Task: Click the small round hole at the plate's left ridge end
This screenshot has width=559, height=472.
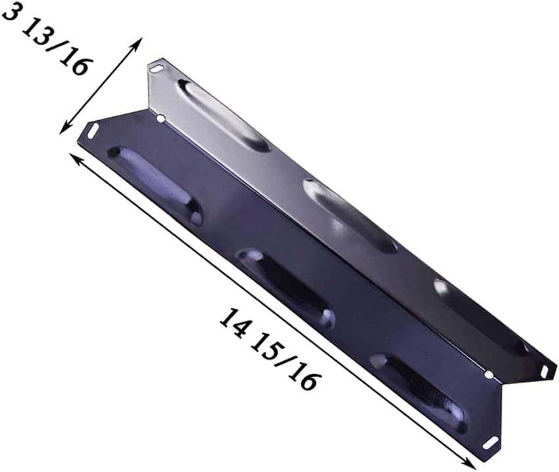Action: tap(160, 118)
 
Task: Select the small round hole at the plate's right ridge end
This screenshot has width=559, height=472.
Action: tap(488, 374)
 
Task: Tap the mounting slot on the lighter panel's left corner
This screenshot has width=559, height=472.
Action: tap(155, 68)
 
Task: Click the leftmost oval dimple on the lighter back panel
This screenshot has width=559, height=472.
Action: tap(224, 116)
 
